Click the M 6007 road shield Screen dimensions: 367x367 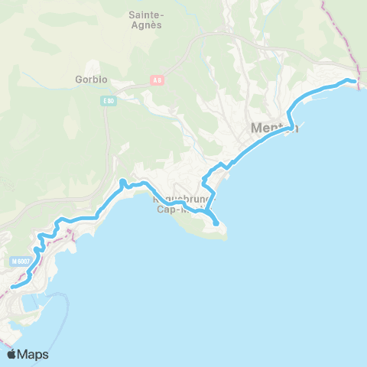click(21, 261)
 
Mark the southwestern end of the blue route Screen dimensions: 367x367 click(12, 287)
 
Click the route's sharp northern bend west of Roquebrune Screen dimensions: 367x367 click(122, 181)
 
